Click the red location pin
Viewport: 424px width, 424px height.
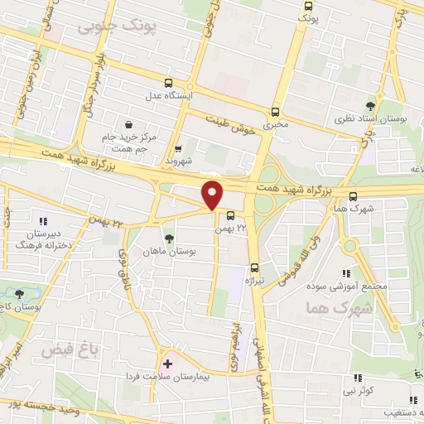[x=213, y=195]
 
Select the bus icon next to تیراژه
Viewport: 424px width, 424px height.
[x=254, y=267]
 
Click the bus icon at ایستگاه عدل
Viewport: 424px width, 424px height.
[x=169, y=83]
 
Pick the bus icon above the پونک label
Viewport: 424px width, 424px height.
[x=307, y=4]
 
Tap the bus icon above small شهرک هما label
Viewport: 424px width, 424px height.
[x=354, y=196]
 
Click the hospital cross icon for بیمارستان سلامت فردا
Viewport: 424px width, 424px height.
[x=168, y=364]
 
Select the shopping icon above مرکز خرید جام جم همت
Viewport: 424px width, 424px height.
[x=128, y=123]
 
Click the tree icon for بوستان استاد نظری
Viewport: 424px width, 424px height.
[x=369, y=106]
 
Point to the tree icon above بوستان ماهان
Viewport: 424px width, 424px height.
[x=169, y=238]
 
